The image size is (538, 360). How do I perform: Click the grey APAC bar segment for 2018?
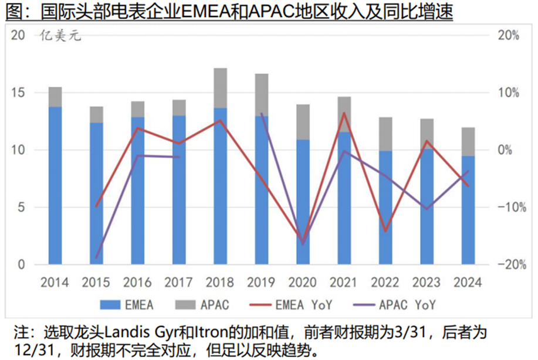pyautogui.click(x=220, y=88)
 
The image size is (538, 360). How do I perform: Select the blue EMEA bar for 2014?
pyautogui.click(x=55, y=185)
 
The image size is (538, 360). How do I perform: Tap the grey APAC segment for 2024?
pyautogui.click(x=468, y=141)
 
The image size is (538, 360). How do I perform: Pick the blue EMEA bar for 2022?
pyautogui.click(x=385, y=207)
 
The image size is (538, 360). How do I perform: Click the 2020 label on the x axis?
pyautogui.click(x=303, y=283)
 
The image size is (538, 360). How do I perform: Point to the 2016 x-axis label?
pyautogui.click(x=137, y=283)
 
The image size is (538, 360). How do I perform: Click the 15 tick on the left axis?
pyautogui.click(x=18, y=93)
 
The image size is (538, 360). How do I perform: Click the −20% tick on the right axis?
pyautogui.click(x=507, y=264)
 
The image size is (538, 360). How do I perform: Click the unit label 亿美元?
pyautogui.click(x=60, y=38)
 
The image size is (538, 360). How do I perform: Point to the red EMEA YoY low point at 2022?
pyautogui.click(x=385, y=231)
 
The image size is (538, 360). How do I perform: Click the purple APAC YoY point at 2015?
pyautogui.click(x=96, y=258)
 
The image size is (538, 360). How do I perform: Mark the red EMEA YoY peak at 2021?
pyautogui.click(x=344, y=113)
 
